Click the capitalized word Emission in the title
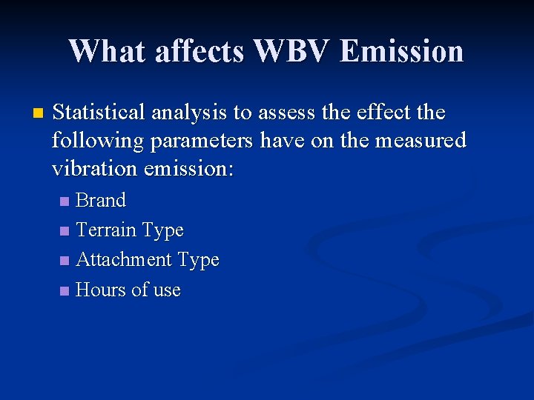[402, 51]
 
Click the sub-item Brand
[101, 200]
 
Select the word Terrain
[107, 230]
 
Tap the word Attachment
[123, 260]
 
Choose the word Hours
[101, 290]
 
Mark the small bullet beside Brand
[65, 201]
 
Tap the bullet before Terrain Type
[65, 231]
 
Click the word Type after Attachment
[198, 260]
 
